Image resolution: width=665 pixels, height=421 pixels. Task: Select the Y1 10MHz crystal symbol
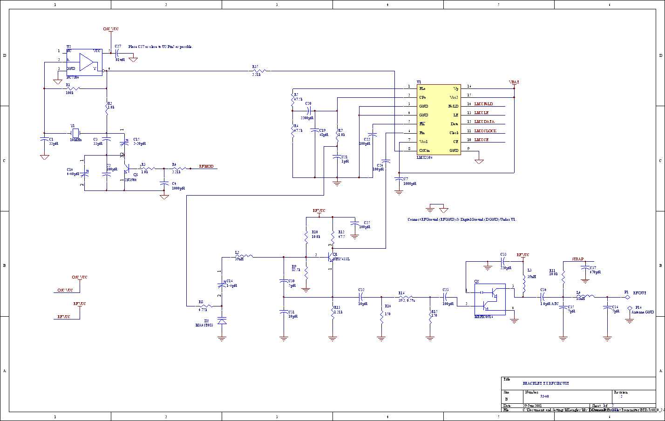(76, 132)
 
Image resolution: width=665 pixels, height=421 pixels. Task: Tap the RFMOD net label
(206, 166)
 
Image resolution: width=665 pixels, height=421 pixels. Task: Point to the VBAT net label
(514, 82)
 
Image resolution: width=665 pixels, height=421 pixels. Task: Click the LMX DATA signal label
(484, 122)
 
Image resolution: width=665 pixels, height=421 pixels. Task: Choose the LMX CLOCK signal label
(485, 131)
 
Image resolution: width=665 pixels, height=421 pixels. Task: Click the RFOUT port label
(639, 293)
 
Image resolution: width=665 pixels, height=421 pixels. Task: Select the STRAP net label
(577, 258)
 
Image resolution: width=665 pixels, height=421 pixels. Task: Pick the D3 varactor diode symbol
(222, 321)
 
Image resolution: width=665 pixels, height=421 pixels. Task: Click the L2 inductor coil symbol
(245, 256)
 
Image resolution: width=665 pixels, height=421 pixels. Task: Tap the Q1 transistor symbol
(331, 256)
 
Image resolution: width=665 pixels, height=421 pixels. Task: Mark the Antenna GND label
(643, 312)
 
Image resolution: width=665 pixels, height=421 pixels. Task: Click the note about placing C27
(160, 47)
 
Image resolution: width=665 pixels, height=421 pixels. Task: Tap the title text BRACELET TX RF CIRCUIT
(546, 383)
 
